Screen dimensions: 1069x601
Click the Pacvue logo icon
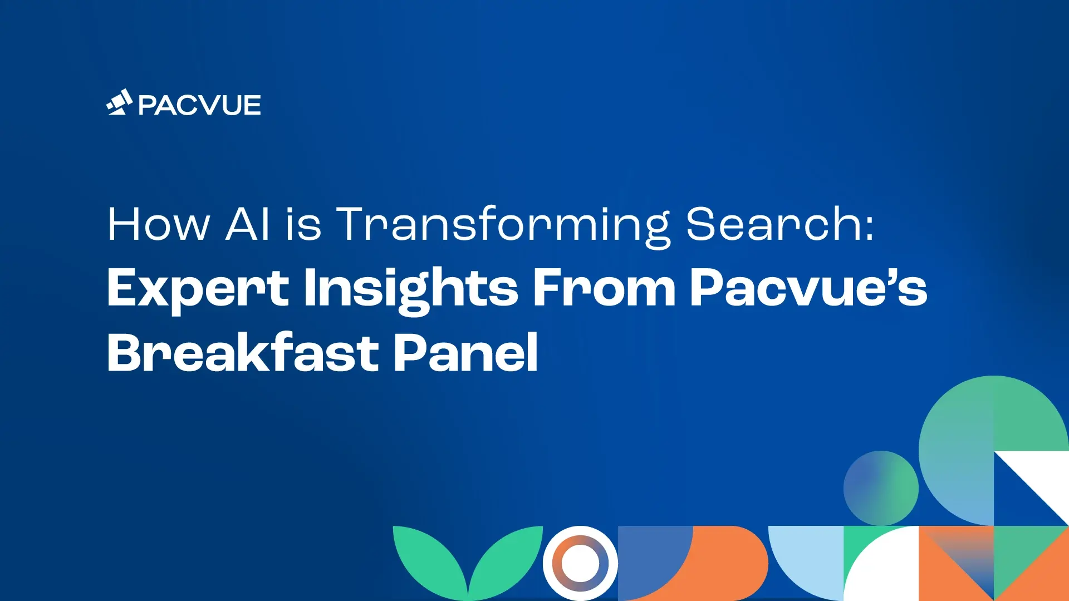(x=119, y=102)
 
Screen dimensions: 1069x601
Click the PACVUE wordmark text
(x=199, y=105)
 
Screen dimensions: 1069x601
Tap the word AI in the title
(x=248, y=224)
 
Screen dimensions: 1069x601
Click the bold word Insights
(x=411, y=290)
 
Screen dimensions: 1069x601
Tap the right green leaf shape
(x=507, y=559)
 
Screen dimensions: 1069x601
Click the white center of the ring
(x=580, y=563)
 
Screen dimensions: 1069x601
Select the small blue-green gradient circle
(x=881, y=488)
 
